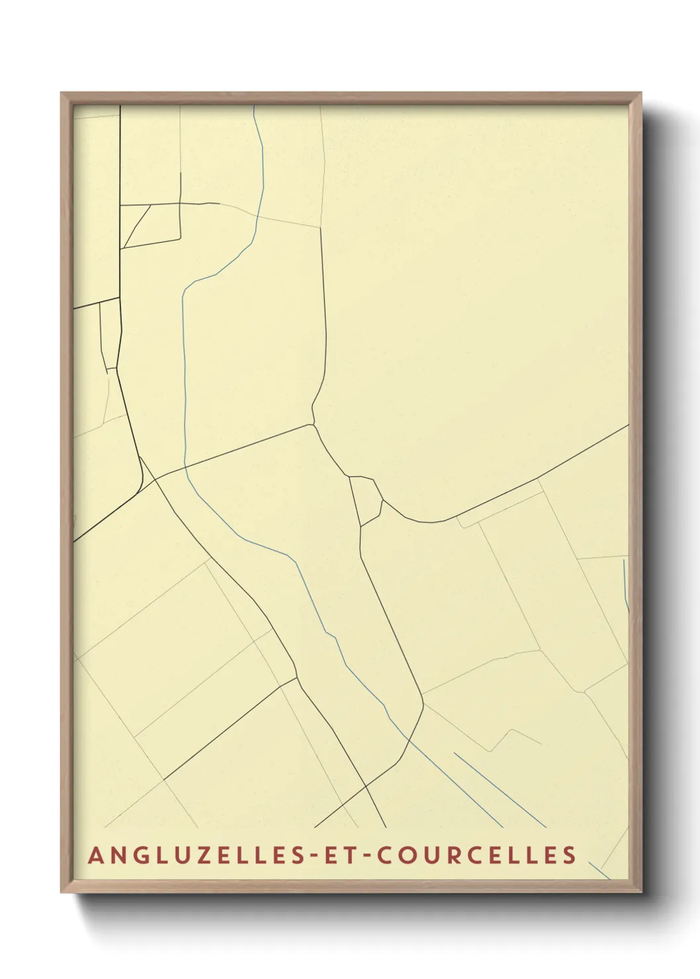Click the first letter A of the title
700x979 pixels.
(95, 855)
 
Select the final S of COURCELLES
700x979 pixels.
(570, 855)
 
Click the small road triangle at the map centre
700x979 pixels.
(367, 499)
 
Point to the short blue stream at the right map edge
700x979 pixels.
(625, 585)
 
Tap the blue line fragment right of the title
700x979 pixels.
(598, 869)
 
